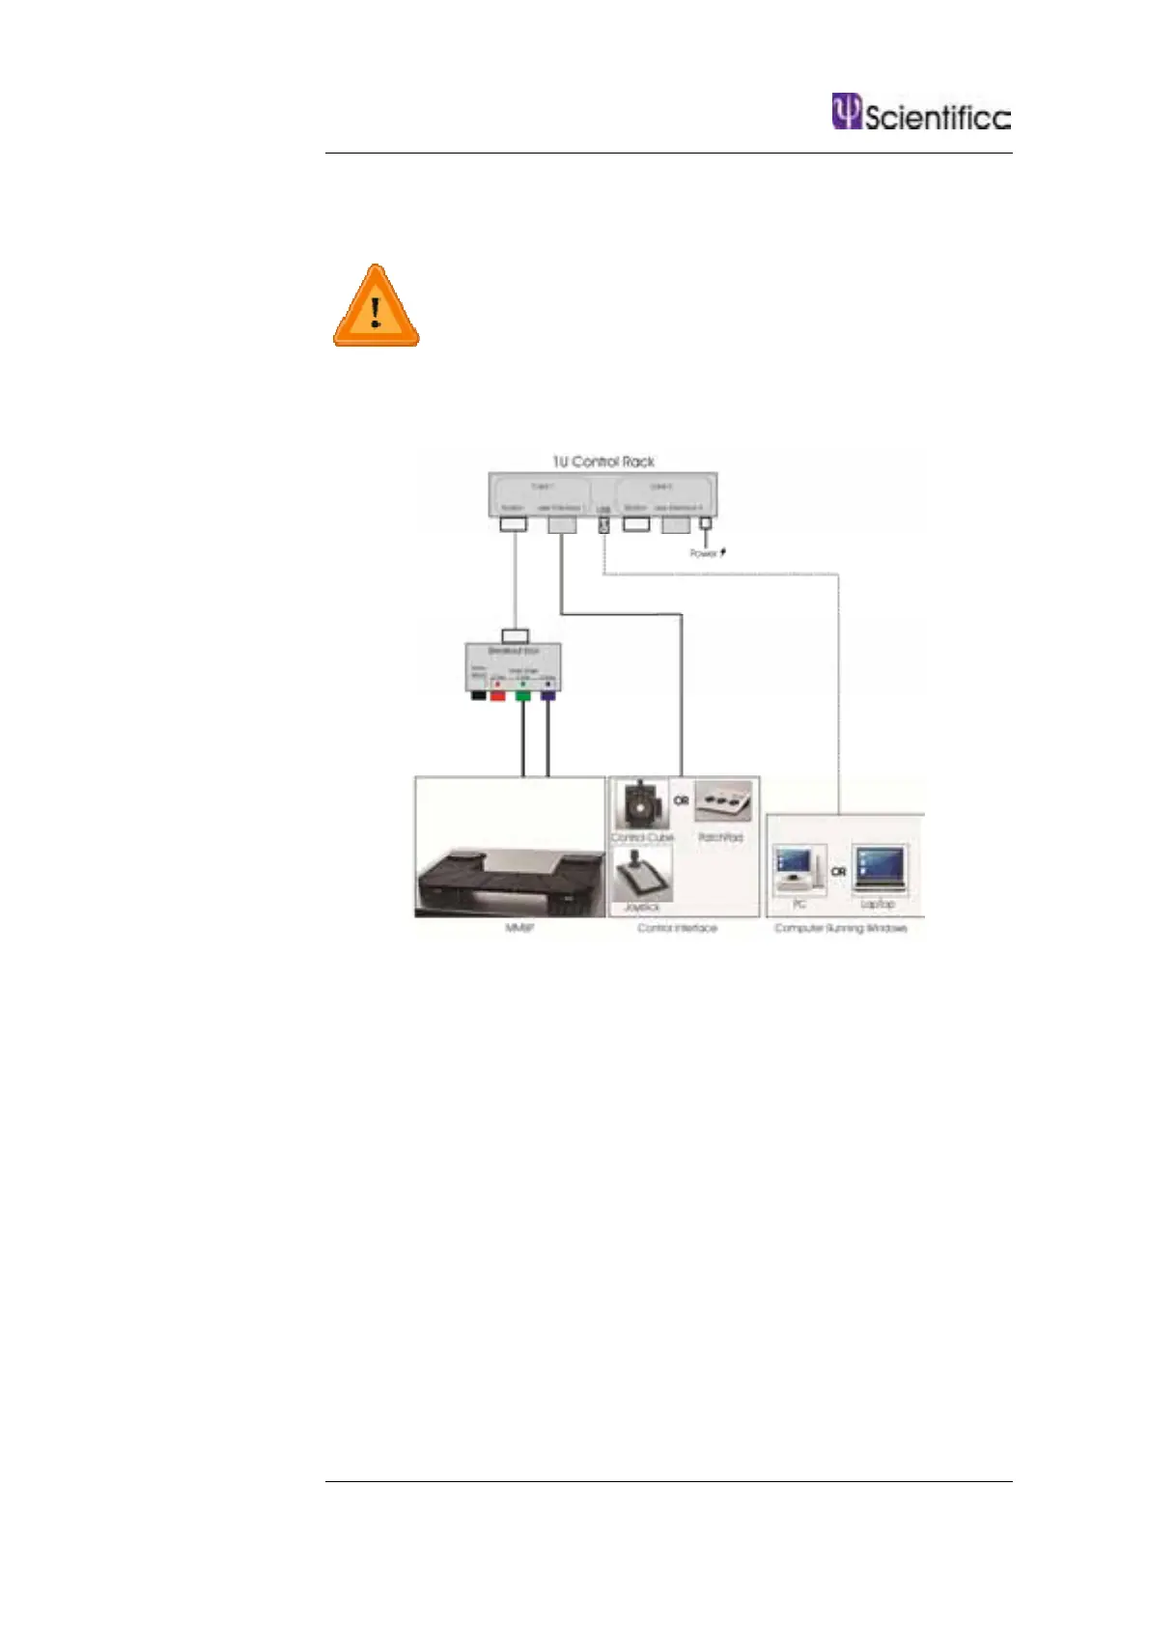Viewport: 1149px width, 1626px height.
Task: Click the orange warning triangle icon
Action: coord(376,307)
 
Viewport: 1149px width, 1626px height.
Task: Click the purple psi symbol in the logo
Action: coord(846,111)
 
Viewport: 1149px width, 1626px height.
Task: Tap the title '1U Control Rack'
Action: coord(603,462)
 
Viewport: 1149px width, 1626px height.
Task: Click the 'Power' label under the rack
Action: coord(703,553)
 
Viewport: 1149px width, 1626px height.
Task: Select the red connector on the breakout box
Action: coord(498,694)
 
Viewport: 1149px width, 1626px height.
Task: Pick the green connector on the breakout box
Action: coord(522,694)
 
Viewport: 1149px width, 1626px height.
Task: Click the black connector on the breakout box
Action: coord(477,694)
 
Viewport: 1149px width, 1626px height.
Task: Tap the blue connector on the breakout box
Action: coord(547,694)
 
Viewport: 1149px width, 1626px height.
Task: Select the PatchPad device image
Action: coord(722,800)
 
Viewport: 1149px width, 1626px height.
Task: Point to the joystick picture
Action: coord(641,874)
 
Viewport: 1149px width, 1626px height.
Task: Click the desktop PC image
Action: coord(799,869)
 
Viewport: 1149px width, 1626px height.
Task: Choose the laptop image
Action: coord(879,868)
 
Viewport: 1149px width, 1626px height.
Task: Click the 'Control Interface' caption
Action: coord(677,928)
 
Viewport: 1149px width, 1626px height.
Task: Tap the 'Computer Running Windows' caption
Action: coord(840,928)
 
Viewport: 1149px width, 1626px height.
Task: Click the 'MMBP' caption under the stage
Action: coord(519,928)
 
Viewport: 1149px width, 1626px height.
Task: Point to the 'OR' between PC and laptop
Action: coord(838,871)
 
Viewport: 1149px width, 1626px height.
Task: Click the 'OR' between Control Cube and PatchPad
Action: coord(682,800)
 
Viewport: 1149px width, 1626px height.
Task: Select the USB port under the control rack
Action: coord(603,524)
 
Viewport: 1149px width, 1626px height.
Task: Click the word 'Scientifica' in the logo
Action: coord(937,118)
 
